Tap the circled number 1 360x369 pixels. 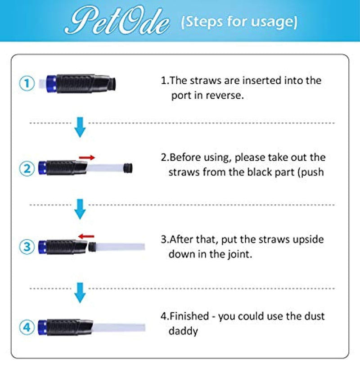point(27,83)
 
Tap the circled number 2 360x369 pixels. point(27,169)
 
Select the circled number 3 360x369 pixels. point(27,246)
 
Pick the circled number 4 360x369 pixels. point(27,326)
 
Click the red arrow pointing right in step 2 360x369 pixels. point(87,157)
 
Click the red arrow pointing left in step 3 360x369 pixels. point(86,235)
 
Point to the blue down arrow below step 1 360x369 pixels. point(80,127)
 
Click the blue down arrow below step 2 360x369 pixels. point(80,209)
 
